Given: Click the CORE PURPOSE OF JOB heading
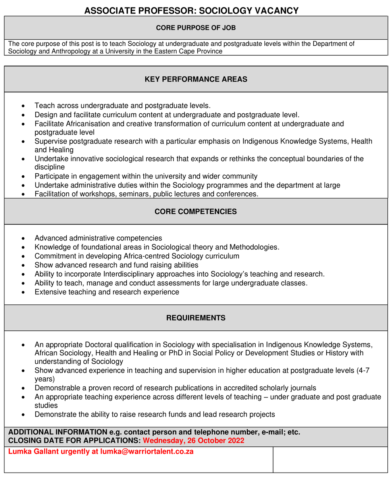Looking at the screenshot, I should coord(196,28).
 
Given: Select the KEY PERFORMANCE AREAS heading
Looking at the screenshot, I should coord(196,79).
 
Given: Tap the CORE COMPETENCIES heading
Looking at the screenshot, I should coord(196,211).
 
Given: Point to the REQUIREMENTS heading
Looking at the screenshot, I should coord(196,318).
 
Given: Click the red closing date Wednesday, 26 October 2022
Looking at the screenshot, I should coord(193,440).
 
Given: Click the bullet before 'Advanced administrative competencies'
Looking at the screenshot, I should coord(25,238).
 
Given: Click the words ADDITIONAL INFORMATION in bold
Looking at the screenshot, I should coord(58,432).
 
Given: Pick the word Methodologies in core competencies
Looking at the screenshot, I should coord(254,247).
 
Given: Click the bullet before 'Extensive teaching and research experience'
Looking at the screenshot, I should coord(25,293).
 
